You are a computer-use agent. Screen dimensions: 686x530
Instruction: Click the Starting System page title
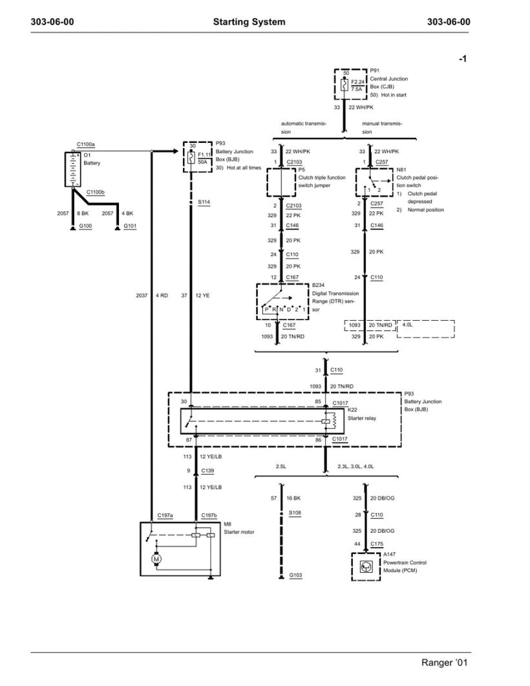point(249,22)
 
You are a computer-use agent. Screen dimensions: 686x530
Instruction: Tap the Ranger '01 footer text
point(445,663)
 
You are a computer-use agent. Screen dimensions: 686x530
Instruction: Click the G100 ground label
point(86,227)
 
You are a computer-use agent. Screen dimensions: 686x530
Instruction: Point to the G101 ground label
point(128,227)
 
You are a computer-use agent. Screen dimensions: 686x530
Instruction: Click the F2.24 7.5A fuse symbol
point(344,85)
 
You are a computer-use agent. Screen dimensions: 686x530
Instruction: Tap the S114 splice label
point(204,202)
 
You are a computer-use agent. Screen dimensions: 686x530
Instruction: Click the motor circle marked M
point(155,557)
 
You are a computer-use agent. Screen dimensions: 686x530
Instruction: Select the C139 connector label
point(208,471)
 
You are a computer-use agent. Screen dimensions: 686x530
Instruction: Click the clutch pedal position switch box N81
point(374,182)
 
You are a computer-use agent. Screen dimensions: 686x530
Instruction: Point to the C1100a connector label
point(85,145)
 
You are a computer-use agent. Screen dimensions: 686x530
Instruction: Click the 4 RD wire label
point(162,296)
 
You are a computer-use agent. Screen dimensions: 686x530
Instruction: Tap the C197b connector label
point(209,516)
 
